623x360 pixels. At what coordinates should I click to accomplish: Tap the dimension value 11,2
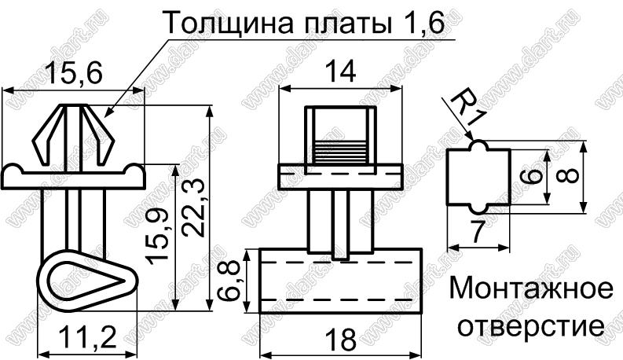tap(88, 340)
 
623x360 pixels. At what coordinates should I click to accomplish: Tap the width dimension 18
tap(339, 340)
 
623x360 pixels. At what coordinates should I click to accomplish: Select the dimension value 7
tap(475, 232)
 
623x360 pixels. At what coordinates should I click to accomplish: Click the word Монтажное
tap(531, 289)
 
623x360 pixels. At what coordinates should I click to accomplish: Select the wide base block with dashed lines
tap(339, 281)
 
